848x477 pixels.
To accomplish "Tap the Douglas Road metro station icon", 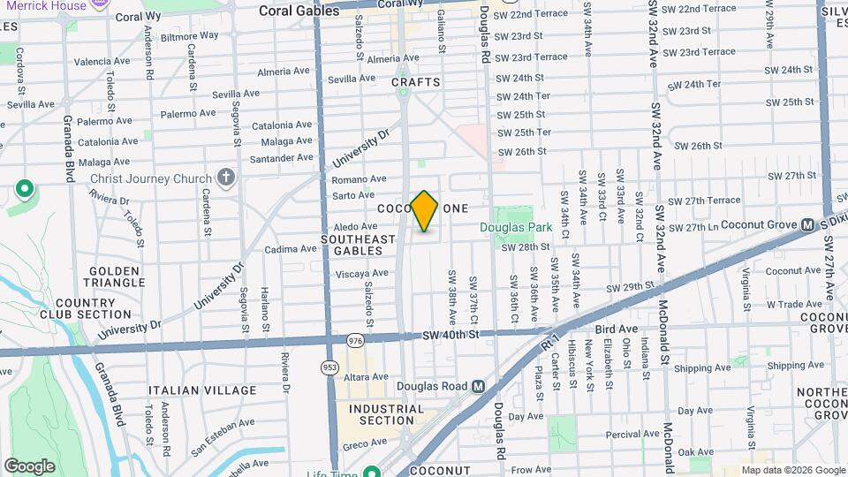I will tap(478, 386).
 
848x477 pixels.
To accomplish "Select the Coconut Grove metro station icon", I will tap(806, 225).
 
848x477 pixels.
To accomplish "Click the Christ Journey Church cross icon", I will tap(226, 178).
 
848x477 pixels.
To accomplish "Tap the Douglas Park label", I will tap(516, 228).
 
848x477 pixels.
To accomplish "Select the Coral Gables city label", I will tap(299, 11).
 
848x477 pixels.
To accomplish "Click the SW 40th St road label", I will tap(450, 334).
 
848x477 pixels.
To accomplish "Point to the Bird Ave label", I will tap(617, 329).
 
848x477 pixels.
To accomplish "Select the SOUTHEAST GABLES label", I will tap(358, 245).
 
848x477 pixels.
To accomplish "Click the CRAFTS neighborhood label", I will tap(415, 82).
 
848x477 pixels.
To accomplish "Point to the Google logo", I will tap(29, 466).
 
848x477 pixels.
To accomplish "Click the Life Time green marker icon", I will tap(371, 472).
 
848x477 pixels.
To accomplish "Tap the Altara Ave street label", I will tap(367, 377).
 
